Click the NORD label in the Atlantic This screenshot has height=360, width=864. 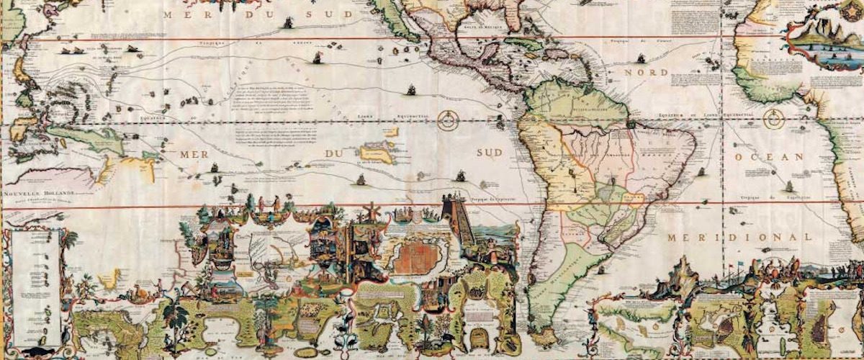coord(646,73)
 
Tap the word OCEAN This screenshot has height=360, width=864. coord(771,156)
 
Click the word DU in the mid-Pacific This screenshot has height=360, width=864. coord(335,153)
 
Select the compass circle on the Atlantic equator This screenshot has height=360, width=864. coord(775,118)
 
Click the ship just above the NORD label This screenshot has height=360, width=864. coord(639,57)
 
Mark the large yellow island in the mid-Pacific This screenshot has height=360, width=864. coord(376,152)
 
